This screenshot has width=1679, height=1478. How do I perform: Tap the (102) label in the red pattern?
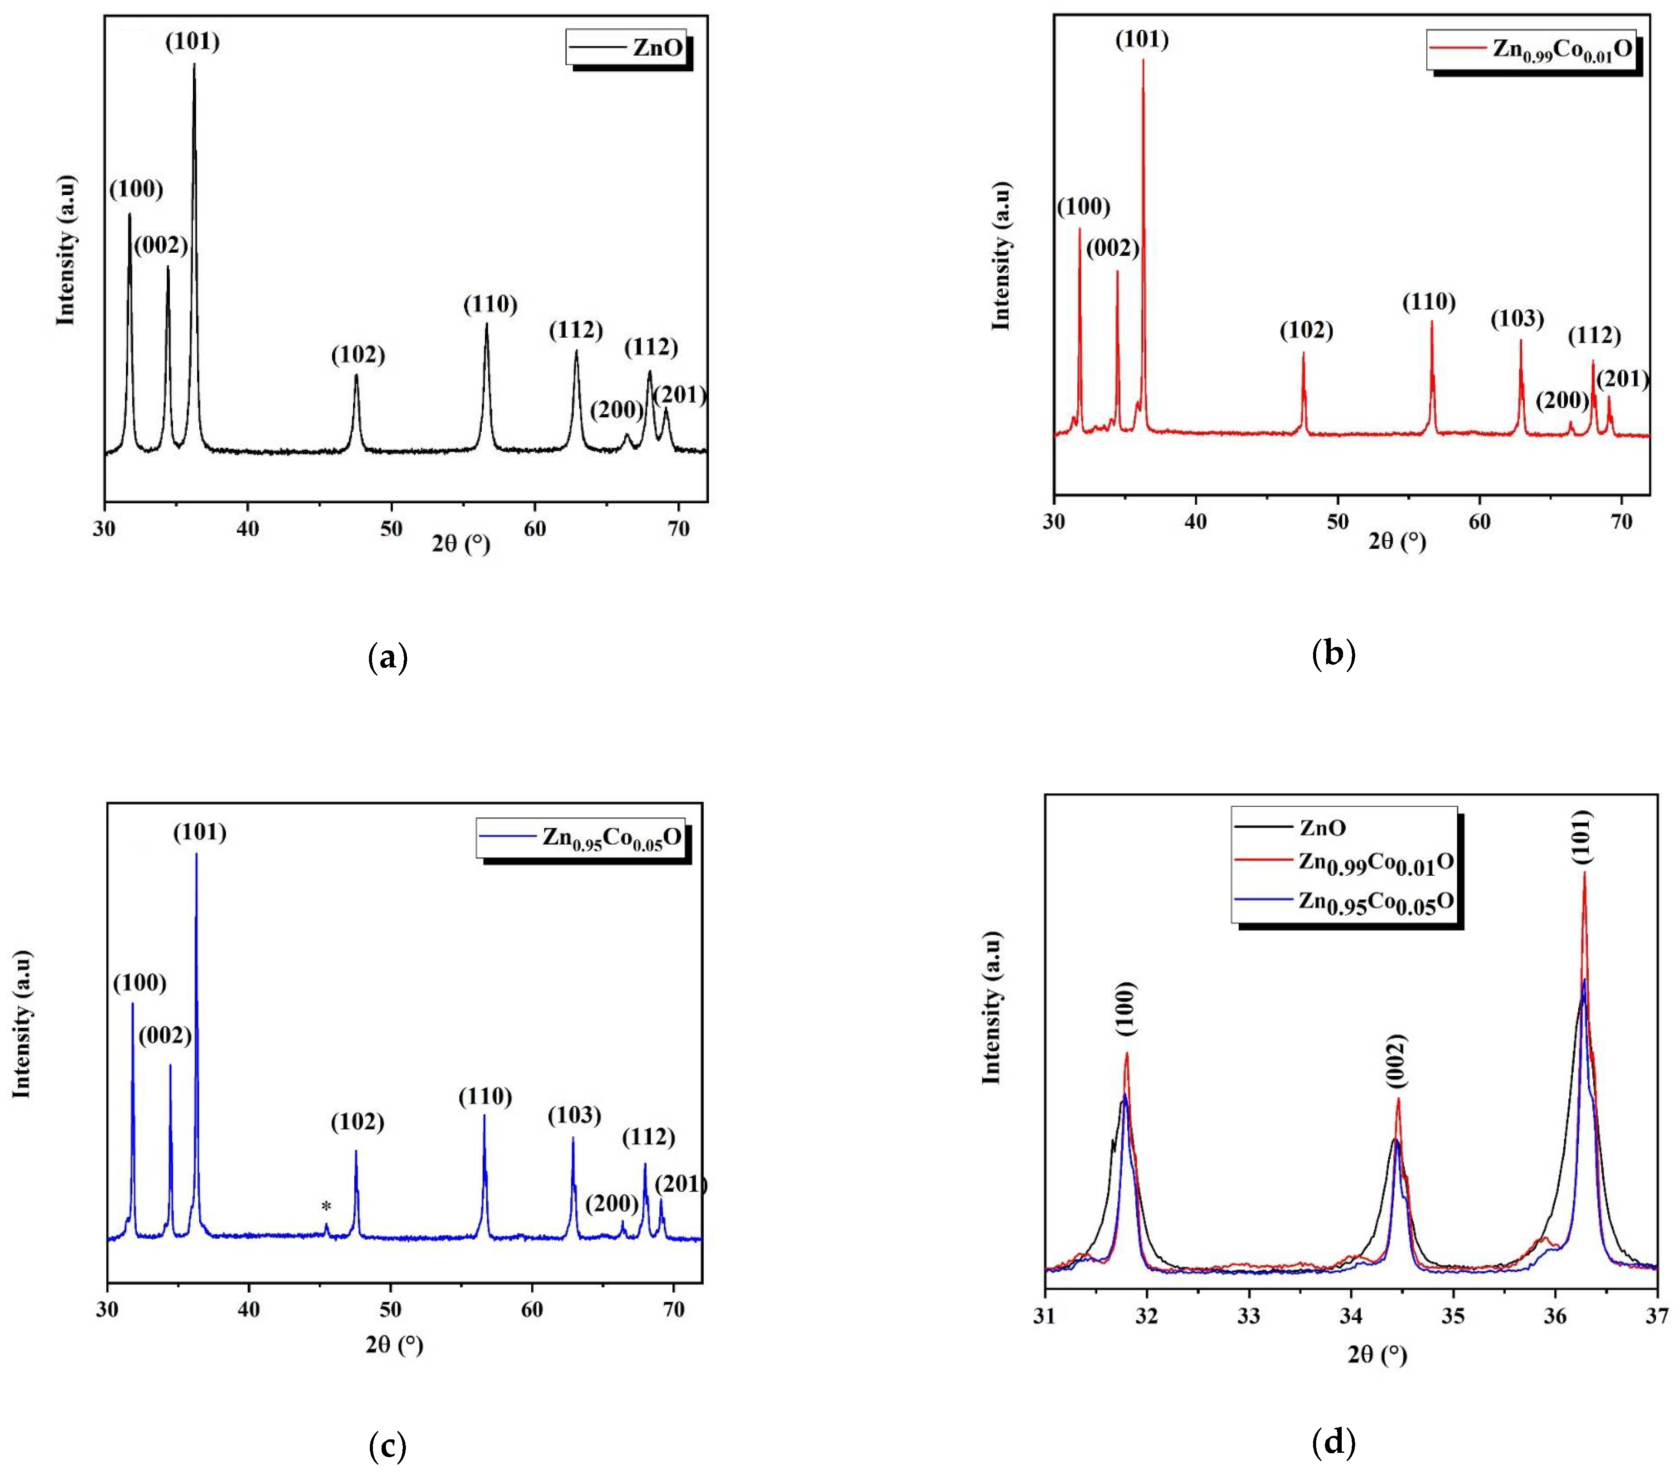click(x=1306, y=330)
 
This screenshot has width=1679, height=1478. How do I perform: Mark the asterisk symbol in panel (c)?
click(x=326, y=1206)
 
